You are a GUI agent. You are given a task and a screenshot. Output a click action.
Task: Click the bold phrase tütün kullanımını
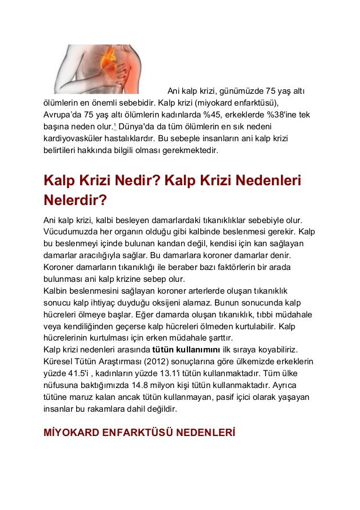tap(187, 350)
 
